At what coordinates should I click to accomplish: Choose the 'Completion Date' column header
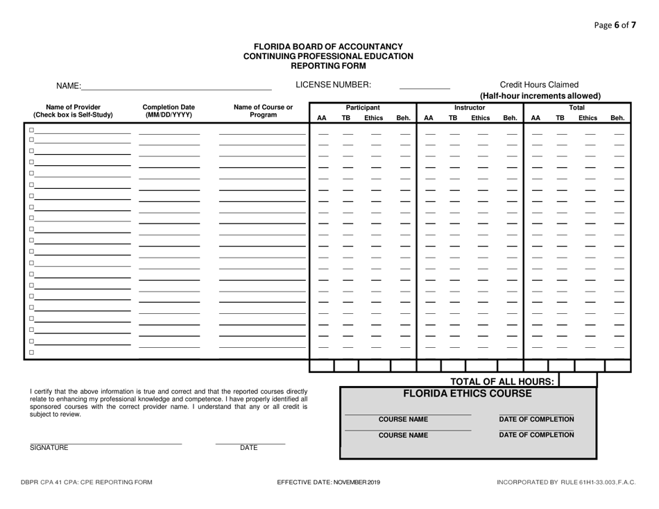point(169,108)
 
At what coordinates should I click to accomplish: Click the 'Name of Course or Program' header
point(263,111)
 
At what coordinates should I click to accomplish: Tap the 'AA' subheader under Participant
point(321,118)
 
